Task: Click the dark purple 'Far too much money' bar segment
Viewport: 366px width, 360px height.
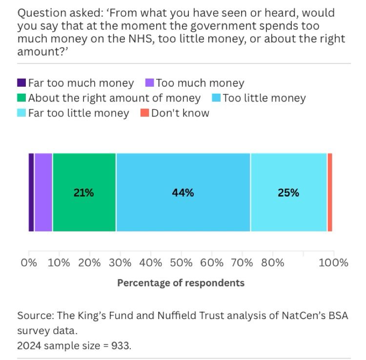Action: click(31, 192)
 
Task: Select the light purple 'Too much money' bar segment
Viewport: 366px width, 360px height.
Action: click(43, 192)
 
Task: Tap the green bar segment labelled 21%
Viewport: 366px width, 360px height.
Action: click(84, 192)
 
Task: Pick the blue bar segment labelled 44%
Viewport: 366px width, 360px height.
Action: click(183, 192)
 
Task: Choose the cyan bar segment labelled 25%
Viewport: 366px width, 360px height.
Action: click(288, 192)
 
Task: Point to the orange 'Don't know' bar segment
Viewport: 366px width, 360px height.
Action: click(330, 192)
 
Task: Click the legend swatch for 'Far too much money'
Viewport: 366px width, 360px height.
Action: click(21, 83)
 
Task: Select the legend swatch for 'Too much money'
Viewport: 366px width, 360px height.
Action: click(149, 83)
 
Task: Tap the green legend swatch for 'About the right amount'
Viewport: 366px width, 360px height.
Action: click(21, 99)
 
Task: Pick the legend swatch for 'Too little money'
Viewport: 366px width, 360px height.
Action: click(216, 99)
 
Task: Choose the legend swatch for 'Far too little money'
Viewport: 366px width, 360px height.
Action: click(21, 114)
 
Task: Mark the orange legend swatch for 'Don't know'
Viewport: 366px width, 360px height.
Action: click(144, 114)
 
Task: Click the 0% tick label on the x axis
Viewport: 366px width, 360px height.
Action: click(29, 263)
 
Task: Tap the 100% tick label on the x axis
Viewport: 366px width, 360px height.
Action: click(334, 263)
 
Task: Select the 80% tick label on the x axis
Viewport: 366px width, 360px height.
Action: click(272, 263)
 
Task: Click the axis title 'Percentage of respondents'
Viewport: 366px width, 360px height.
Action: click(181, 283)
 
